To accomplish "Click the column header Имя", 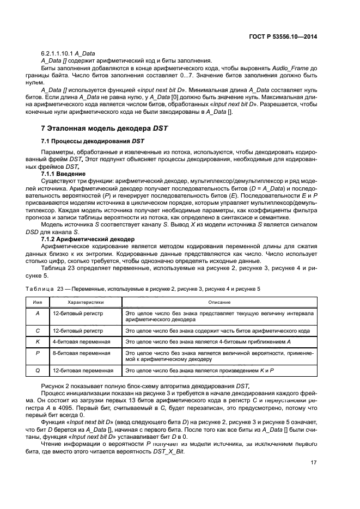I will (x=38, y=302).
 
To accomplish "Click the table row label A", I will (x=38, y=314).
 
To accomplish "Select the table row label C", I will (x=38, y=330).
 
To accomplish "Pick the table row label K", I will (x=38, y=341).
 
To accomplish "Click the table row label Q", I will (x=38, y=370).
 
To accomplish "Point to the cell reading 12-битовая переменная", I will (x=83, y=370).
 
